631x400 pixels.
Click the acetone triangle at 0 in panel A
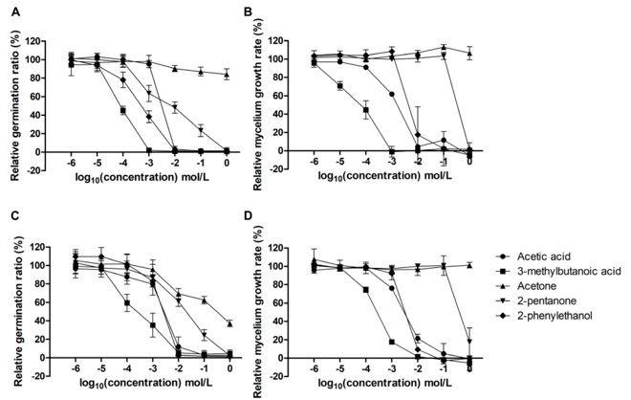click(x=227, y=74)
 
